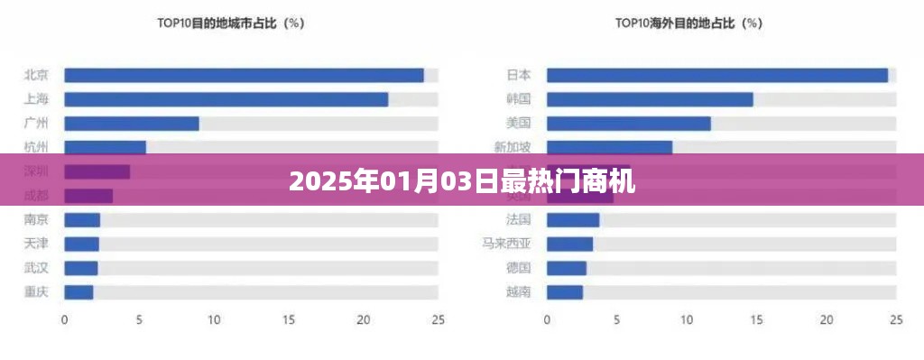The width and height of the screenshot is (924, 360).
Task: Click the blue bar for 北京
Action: pyautogui.click(x=244, y=76)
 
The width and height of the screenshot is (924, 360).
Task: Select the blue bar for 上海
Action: pyautogui.click(x=226, y=99)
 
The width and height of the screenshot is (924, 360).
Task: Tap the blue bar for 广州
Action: pyautogui.click(x=132, y=124)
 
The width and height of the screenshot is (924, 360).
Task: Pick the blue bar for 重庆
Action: pyautogui.click(x=79, y=291)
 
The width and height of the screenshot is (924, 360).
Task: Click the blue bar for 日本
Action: pyautogui.click(x=716, y=76)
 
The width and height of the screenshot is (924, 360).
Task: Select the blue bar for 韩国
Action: pyautogui.click(x=649, y=99)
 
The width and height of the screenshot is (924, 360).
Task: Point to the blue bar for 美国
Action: pyautogui.click(x=628, y=124)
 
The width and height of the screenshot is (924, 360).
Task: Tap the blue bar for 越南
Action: pyautogui.click(x=564, y=291)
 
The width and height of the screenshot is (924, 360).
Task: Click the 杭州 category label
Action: pyautogui.click(x=36, y=147)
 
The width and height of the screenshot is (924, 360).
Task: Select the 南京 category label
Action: pyautogui.click(x=36, y=219)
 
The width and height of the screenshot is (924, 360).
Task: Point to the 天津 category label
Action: pyautogui.click(x=36, y=244)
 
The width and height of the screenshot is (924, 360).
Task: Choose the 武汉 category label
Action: pyautogui.click(x=36, y=267)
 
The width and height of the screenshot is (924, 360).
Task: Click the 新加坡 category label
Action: pyautogui.click(x=513, y=147)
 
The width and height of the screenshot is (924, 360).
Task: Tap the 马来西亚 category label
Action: pyautogui.click(x=507, y=244)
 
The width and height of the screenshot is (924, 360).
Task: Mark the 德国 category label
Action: pyautogui.click(x=519, y=267)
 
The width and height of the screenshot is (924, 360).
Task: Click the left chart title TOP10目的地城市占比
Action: pyautogui.click(x=230, y=23)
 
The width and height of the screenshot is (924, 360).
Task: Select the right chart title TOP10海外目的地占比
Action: pyautogui.click(x=690, y=23)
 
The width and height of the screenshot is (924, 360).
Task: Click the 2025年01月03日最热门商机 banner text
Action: pyautogui.click(x=462, y=183)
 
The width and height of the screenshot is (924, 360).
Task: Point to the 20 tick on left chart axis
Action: pyautogui.click(x=364, y=319)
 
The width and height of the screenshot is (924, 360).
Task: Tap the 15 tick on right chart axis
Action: pyautogui.click(x=756, y=319)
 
